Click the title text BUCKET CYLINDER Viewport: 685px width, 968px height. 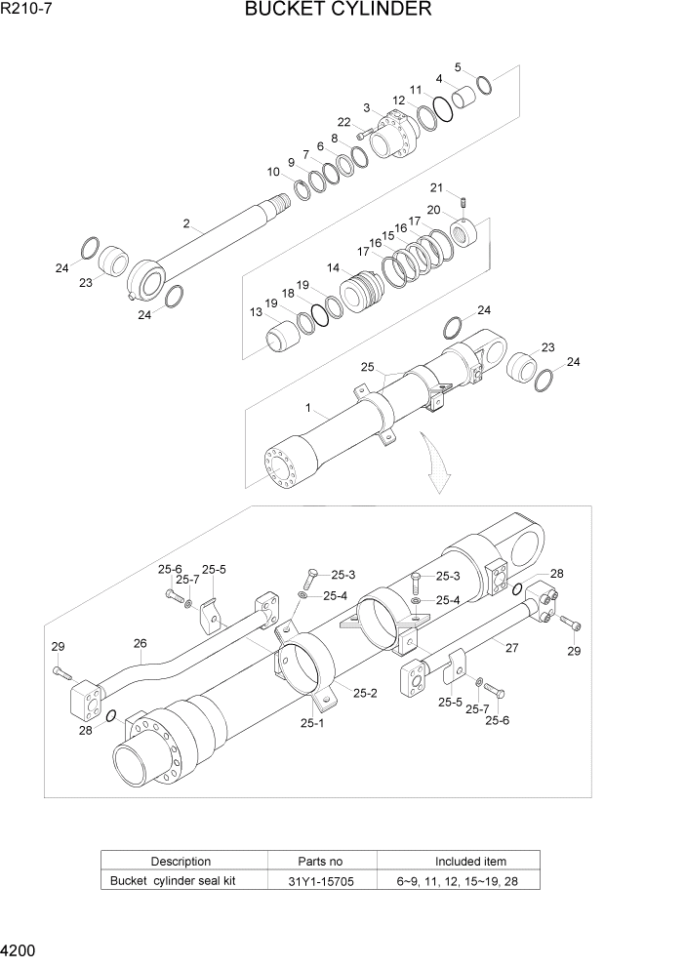click(x=339, y=11)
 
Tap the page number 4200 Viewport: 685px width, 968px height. click(x=21, y=949)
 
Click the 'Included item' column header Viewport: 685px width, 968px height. click(x=470, y=861)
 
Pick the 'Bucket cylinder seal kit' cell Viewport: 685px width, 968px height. click(x=173, y=881)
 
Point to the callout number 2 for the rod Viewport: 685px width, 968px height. click(x=185, y=223)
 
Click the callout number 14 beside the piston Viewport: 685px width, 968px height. click(x=334, y=267)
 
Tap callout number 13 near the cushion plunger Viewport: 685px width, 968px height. click(x=256, y=312)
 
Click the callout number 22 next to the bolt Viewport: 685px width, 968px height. click(x=343, y=122)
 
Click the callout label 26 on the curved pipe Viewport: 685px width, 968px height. click(x=140, y=643)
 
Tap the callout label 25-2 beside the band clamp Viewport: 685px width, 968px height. click(x=365, y=693)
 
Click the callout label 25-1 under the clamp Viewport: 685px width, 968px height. click(x=312, y=723)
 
